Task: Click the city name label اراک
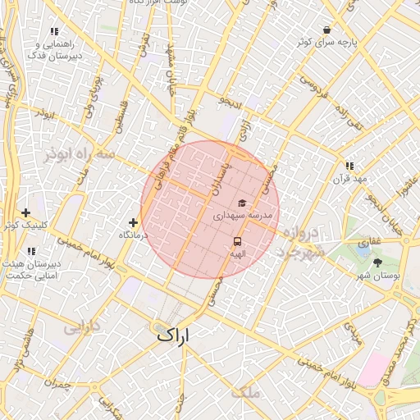[x=171, y=335]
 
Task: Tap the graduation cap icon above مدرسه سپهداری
[x=241, y=203]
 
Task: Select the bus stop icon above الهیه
[x=237, y=241]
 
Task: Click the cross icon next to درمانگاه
[x=133, y=222]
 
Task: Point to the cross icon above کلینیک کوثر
[x=26, y=212]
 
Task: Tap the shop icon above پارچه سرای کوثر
[x=327, y=30]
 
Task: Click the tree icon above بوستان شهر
[x=377, y=262]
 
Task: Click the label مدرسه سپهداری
[x=242, y=215]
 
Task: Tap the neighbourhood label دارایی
[x=80, y=327]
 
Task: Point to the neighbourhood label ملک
[x=246, y=392]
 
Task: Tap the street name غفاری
[x=369, y=243]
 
